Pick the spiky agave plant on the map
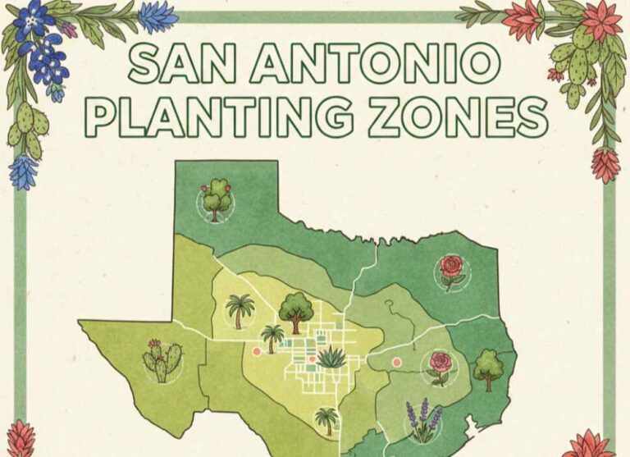pyautogui.click(x=332, y=356)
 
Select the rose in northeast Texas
pyautogui.click(x=451, y=272)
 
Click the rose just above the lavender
pyautogui.click(x=441, y=367)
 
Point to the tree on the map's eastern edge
pyautogui.click(x=489, y=368)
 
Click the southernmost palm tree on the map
pyautogui.click(x=327, y=420)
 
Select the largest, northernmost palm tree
pyautogui.click(x=240, y=311)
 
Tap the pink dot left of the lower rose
pyautogui.click(x=396, y=362)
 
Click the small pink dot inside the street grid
pyautogui.click(x=313, y=359)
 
